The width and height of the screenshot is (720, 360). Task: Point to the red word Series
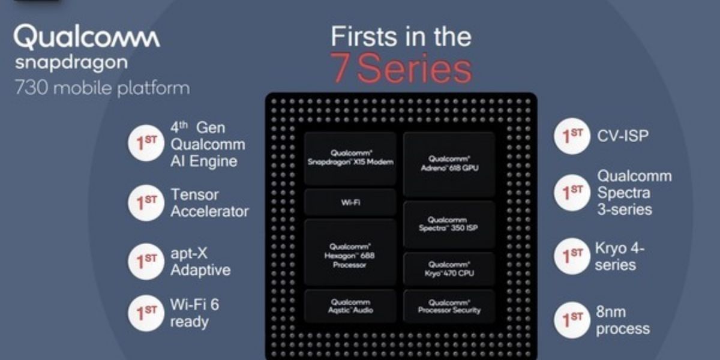tap(415, 70)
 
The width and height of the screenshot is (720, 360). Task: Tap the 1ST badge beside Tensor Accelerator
tap(146, 203)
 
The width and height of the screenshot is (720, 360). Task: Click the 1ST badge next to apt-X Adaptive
tap(146, 262)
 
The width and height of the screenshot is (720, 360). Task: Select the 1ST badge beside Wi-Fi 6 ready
tap(146, 313)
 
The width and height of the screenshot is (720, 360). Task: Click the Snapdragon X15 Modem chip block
tap(350, 158)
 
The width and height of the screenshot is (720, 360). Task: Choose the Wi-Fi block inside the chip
tap(350, 202)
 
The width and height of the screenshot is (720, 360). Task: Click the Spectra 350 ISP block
tap(449, 224)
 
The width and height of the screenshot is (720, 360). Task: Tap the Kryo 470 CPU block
tap(449, 269)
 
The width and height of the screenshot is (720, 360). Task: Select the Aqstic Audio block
tap(350, 306)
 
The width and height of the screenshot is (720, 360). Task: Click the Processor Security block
tap(449, 306)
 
